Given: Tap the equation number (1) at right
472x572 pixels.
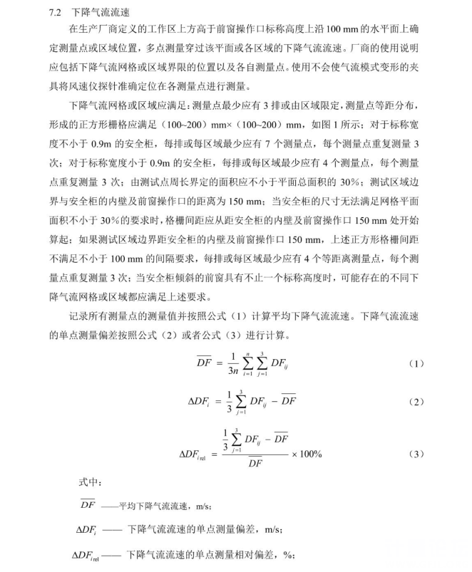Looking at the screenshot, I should click(416, 364).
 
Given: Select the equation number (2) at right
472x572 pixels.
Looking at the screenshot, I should click(416, 402).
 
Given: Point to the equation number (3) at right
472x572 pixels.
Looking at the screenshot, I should click(416, 454).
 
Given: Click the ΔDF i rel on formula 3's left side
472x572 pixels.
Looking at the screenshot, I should click(197, 454).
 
